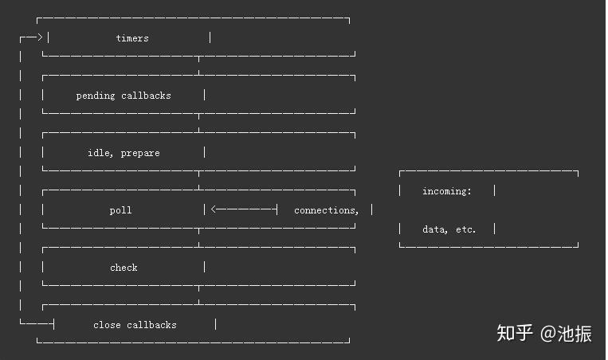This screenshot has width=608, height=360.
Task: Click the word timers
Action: pos(132,38)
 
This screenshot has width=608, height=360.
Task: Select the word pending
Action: pos(96,96)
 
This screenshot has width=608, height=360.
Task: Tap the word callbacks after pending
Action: pos(146,96)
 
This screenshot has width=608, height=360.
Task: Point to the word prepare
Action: pos(140,154)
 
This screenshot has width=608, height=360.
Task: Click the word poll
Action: pos(120,210)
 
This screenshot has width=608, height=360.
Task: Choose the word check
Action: pos(124,268)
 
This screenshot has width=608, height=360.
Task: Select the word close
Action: pos(107,325)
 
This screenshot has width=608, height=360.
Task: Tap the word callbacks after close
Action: pos(151,325)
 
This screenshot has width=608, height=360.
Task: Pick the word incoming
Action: pos(445,191)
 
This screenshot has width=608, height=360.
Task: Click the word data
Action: pos(433,229)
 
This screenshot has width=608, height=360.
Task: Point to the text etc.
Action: pos(465,229)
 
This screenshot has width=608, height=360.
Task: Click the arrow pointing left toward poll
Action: pos(244,209)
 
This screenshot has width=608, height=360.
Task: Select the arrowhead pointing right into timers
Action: pos(40,37)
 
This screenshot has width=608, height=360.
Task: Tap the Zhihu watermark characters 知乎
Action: pos(515,333)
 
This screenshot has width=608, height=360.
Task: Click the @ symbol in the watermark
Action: pos(548,333)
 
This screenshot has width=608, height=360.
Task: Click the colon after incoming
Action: pos(469,192)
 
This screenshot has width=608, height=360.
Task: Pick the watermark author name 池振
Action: pos(575,333)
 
